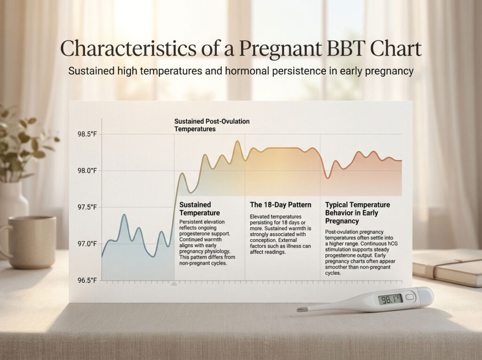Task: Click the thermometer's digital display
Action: point(390,299)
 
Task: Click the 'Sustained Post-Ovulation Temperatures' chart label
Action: point(211,125)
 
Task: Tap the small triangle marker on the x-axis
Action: point(174,284)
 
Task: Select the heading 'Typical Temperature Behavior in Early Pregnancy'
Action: point(357,213)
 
